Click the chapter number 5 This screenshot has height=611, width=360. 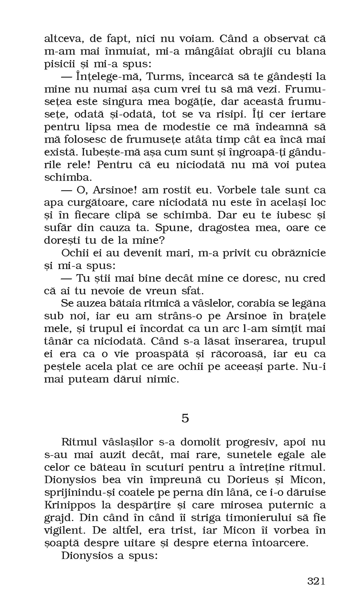(185, 418)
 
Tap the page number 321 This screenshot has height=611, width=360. (316, 581)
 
